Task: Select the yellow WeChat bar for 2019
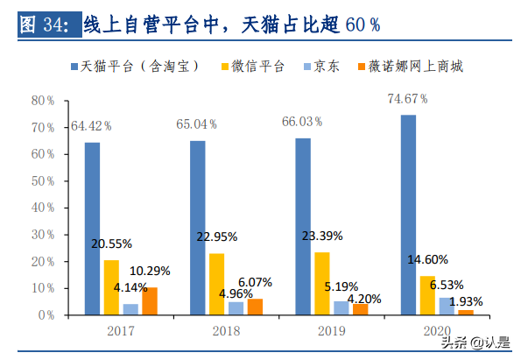coord(322,283)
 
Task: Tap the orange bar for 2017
coord(149,300)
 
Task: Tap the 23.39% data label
coord(322,236)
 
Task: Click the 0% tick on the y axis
coord(46,314)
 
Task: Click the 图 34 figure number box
coord(47,25)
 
